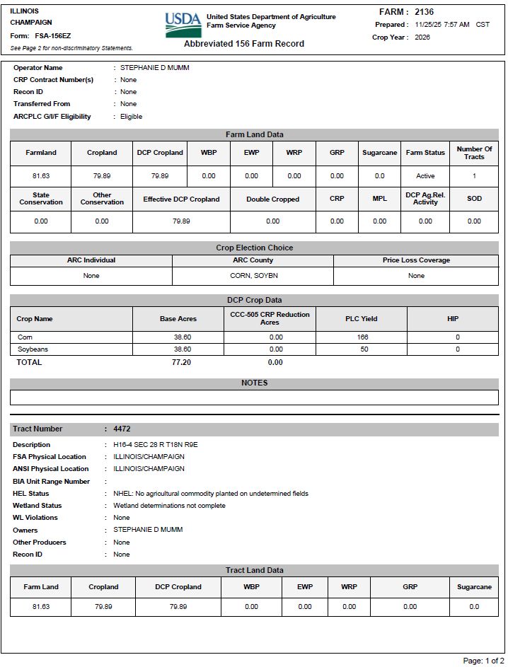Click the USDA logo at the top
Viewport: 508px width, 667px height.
[x=183, y=24]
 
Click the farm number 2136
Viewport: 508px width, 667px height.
[x=425, y=12]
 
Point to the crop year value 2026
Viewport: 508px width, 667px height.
[x=422, y=37]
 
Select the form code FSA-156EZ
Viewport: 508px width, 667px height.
[x=54, y=35]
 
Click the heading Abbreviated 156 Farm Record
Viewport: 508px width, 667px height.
[x=244, y=44]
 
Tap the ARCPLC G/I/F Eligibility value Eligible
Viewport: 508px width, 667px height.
[x=131, y=117]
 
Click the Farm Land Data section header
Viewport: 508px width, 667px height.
[x=254, y=134]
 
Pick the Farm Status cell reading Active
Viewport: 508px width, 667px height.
[x=425, y=176]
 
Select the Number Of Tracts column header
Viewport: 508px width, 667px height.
[x=474, y=153]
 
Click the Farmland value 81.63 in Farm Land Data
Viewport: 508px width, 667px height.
[x=41, y=176]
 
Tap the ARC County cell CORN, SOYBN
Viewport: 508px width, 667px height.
[x=253, y=276]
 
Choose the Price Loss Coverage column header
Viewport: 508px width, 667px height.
[x=416, y=260]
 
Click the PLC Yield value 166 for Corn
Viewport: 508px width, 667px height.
[x=364, y=337]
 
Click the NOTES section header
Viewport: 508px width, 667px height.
[x=254, y=383]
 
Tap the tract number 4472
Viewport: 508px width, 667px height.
[x=122, y=429]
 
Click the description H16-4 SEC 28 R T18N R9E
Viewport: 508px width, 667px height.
[x=155, y=445]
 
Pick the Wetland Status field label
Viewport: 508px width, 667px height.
[x=37, y=506]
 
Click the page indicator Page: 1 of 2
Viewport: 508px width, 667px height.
[x=483, y=661]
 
